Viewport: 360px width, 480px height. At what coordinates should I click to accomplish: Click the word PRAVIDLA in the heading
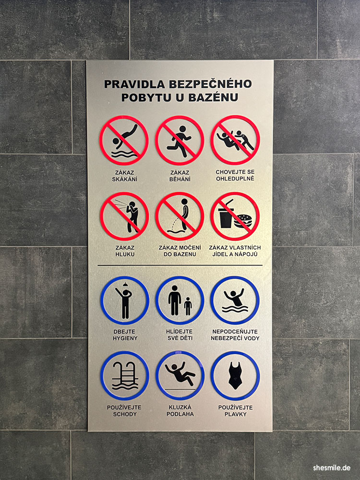(x=134, y=84)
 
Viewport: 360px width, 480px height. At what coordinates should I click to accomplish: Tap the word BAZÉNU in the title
(x=214, y=97)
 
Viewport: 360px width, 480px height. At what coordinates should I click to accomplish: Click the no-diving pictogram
(x=124, y=141)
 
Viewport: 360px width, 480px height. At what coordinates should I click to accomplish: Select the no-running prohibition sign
(x=180, y=141)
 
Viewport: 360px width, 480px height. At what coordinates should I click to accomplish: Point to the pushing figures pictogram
(x=235, y=140)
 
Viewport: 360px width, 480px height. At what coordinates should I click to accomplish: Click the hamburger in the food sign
(x=243, y=221)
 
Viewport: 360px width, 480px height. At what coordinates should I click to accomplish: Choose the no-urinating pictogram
(x=180, y=216)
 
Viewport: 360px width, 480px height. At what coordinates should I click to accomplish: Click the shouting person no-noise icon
(x=124, y=216)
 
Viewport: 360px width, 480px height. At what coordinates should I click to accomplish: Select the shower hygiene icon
(x=125, y=300)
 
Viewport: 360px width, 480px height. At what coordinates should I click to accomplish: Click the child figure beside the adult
(x=188, y=306)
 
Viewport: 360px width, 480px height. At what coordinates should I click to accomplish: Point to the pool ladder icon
(x=125, y=376)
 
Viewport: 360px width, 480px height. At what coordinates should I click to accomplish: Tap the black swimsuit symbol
(x=235, y=376)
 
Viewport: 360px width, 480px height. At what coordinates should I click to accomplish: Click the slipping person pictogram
(x=180, y=376)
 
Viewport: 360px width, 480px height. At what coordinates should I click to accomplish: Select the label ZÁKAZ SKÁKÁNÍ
(x=125, y=176)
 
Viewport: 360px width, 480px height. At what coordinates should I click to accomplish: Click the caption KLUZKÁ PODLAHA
(x=180, y=410)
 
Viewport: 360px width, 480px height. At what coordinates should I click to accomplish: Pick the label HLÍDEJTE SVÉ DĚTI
(x=180, y=335)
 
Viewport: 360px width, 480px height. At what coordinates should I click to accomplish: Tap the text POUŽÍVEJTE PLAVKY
(x=235, y=411)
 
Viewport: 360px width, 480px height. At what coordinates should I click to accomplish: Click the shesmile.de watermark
(x=332, y=468)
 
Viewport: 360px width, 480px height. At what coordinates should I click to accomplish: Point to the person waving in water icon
(x=235, y=300)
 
